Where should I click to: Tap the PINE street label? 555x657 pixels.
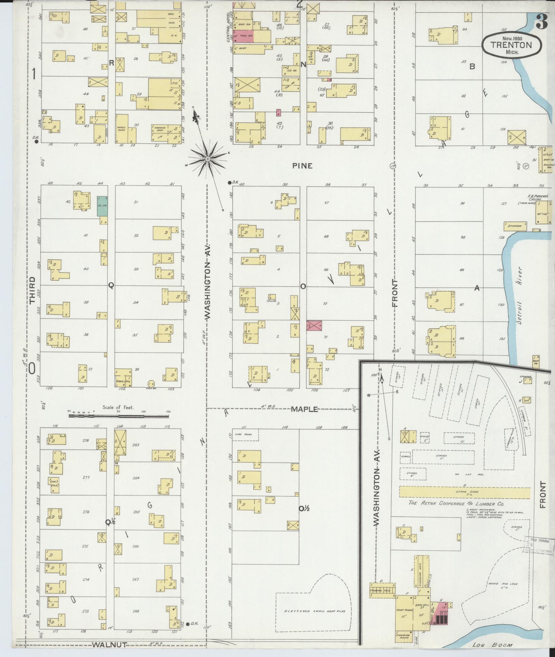click(302, 166)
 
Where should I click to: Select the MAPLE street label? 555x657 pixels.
click(304, 409)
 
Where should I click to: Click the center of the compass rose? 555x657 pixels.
click(207, 159)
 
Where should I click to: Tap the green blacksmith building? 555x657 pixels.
click(101, 206)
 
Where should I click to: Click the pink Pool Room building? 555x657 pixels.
click(243, 36)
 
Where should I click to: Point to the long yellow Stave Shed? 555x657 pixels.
click(464, 492)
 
